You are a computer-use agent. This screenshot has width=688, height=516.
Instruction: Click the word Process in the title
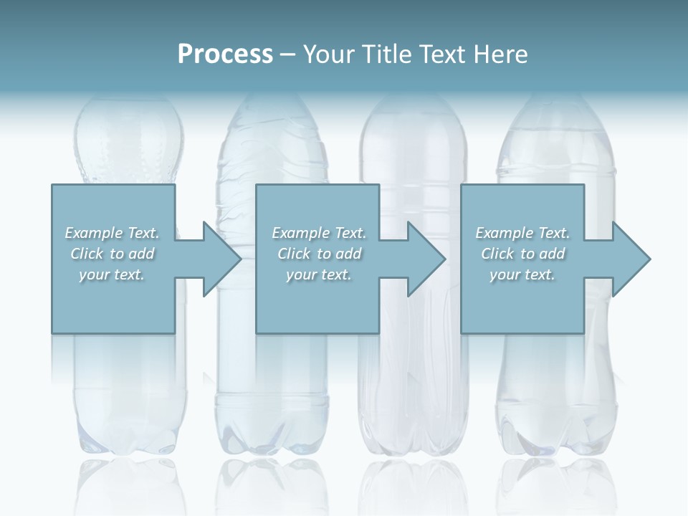(x=225, y=54)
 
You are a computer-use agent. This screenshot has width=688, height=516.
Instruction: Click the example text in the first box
(x=112, y=254)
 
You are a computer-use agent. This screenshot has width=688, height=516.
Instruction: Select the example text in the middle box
(x=319, y=254)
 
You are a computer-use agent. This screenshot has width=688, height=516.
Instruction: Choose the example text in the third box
(x=522, y=254)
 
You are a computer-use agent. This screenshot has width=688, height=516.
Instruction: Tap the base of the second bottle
(x=272, y=437)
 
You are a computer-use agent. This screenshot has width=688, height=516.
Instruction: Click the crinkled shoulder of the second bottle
(x=272, y=150)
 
